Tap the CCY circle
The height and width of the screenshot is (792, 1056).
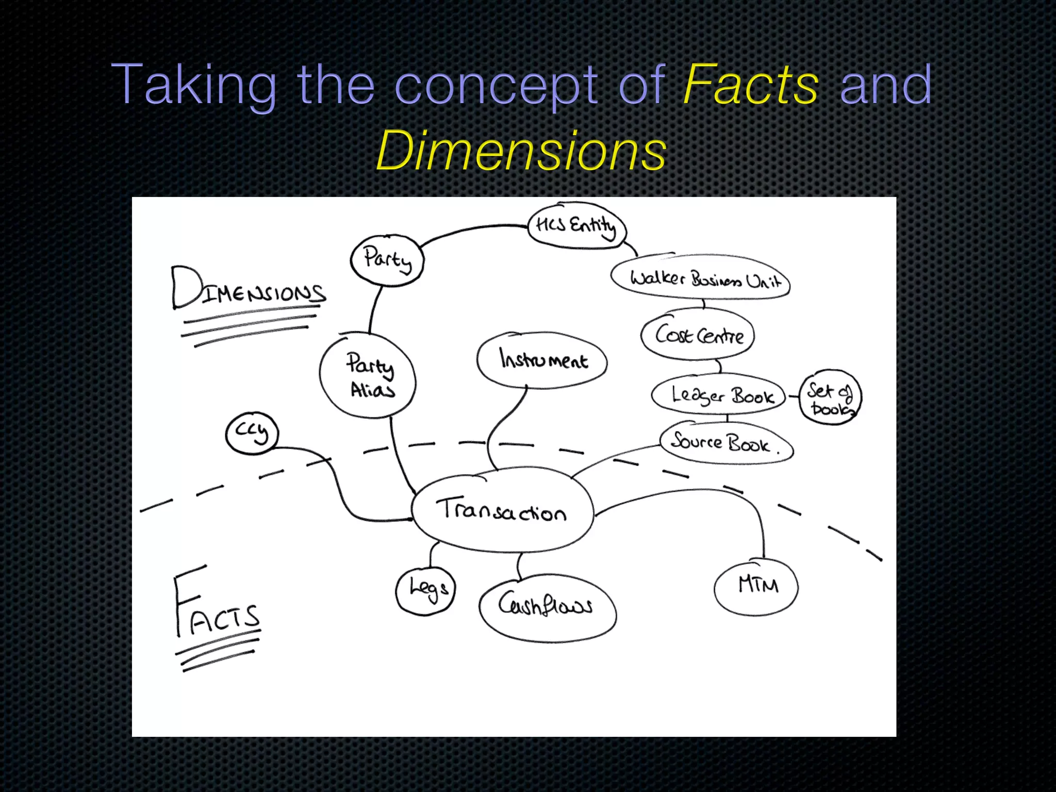[x=252, y=433]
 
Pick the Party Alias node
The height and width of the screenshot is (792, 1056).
[x=368, y=375]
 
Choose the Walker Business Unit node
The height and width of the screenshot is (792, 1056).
[x=701, y=278]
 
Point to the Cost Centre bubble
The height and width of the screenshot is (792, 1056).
[x=698, y=335]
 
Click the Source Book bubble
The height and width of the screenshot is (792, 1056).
[x=726, y=442]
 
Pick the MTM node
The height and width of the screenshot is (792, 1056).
[x=756, y=586]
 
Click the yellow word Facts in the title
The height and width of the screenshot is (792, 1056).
[x=750, y=84]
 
